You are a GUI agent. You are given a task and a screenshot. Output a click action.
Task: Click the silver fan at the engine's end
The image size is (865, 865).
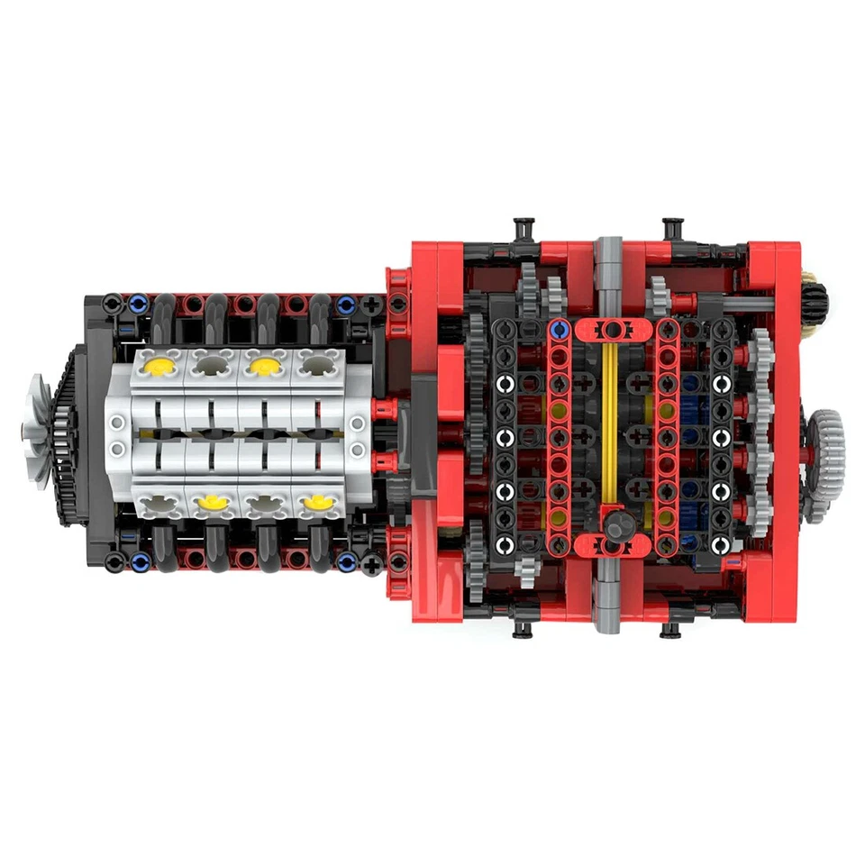click(39, 431)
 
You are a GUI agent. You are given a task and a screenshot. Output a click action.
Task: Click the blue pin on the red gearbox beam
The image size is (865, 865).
click(560, 330)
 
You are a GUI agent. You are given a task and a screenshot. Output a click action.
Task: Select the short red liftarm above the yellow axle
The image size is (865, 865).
click(613, 328)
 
